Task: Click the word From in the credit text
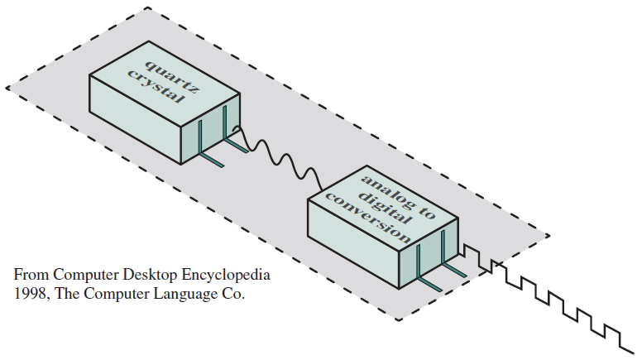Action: [30, 274]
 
